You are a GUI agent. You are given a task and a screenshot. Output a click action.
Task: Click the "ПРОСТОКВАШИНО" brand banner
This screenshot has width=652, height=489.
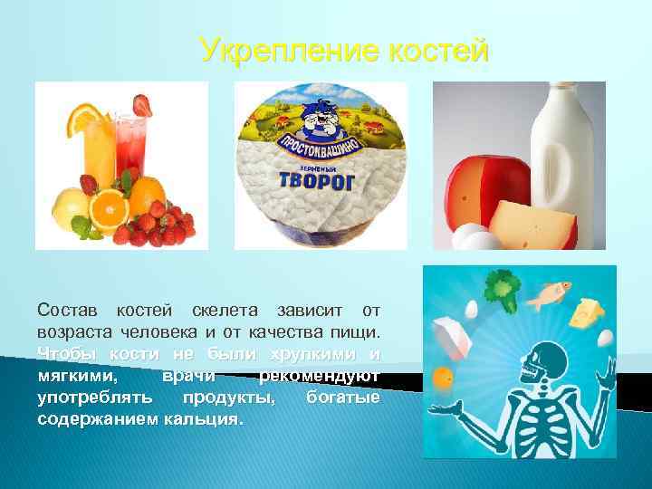tap(320, 149)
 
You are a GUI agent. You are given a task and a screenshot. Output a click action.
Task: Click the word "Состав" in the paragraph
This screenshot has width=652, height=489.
tap(65, 312)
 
